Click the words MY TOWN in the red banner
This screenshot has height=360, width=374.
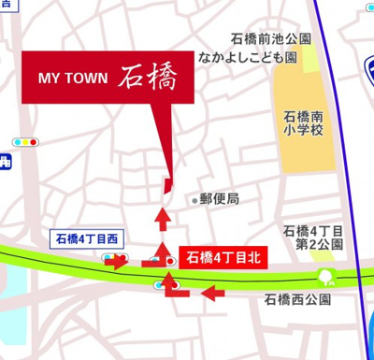[x=74, y=77]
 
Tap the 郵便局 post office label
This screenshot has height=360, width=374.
[x=221, y=199]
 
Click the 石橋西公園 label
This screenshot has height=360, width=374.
[x=298, y=300]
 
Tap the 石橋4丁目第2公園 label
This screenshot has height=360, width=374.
[x=314, y=238]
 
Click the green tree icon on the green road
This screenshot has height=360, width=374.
[x=326, y=277]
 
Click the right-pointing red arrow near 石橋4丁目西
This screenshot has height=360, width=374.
[x=115, y=261]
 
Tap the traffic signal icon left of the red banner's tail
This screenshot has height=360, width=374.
[x=25, y=142]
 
